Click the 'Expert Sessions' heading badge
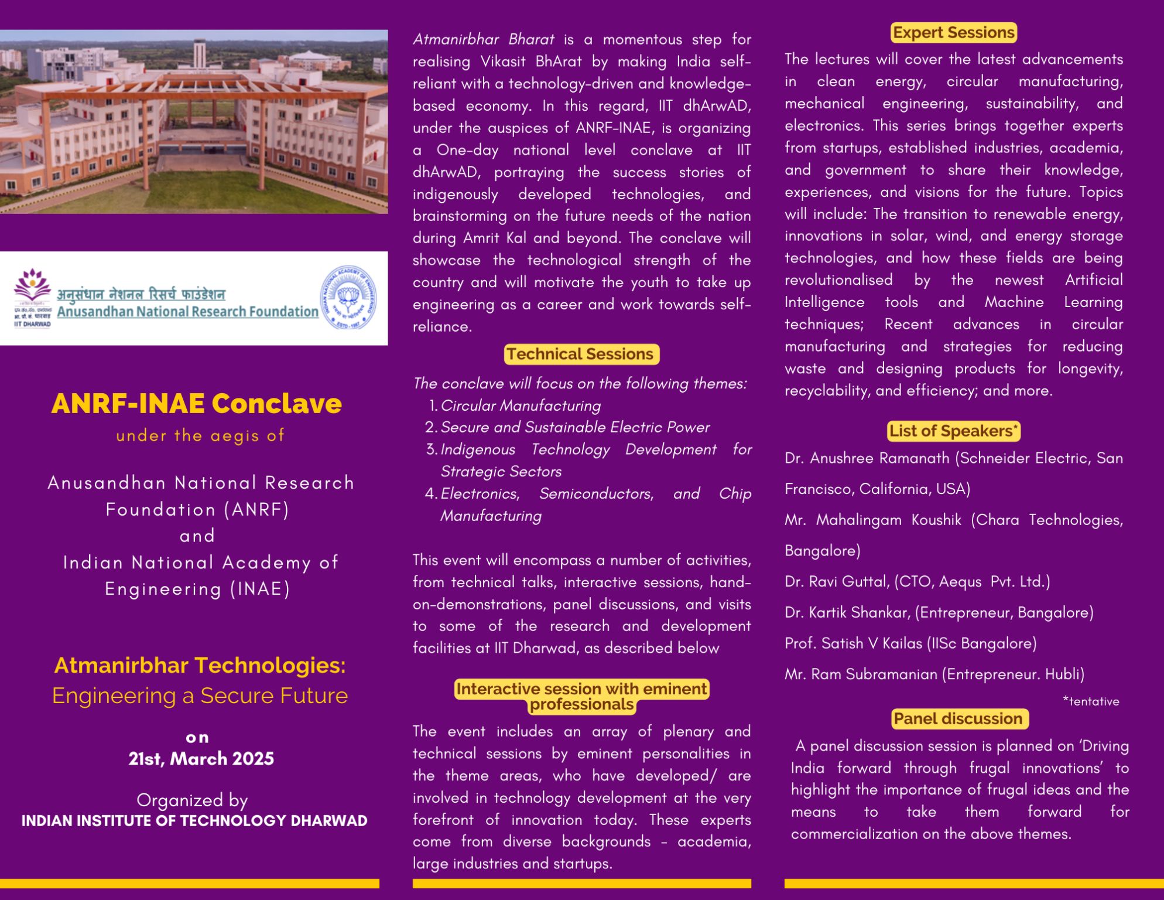coord(953,33)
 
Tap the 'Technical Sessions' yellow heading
coord(581,354)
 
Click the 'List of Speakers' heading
coord(953,431)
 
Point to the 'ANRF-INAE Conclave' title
coord(197,404)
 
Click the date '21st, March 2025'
coord(201,759)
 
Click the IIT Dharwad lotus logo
coord(33,285)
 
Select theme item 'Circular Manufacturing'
coord(521,405)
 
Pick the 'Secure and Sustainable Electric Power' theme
coord(575,427)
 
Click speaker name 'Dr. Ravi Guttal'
coord(838,581)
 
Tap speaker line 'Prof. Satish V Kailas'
coord(855,643)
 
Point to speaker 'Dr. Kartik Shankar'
coord(847,612)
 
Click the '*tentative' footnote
coord(1091,701)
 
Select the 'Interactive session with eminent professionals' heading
coord(581,696)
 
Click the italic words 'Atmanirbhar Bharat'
coord(483,39)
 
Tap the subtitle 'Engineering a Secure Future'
coord(200,696)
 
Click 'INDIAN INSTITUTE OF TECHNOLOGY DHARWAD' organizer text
coord(194,821)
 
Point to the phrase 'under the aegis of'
coord(200,435)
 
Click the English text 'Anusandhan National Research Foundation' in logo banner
coord(187,312)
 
